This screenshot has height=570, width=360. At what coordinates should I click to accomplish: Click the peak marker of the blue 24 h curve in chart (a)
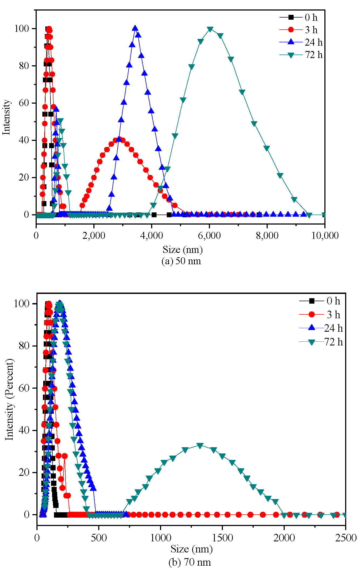135,28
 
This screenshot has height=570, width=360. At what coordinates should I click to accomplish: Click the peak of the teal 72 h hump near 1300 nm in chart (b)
200,446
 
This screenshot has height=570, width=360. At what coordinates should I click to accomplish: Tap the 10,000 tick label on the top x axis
325,236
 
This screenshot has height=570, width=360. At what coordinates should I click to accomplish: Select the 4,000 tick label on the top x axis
152,236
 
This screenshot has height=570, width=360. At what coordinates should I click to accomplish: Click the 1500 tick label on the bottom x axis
222,538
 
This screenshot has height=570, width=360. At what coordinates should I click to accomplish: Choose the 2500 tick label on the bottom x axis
346,538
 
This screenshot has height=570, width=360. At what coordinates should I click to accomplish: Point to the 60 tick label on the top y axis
24,103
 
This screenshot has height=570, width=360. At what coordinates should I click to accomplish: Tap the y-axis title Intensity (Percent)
9,399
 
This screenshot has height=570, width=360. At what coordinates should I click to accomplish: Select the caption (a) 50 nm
181,261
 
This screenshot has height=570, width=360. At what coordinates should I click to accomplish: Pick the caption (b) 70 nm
189,562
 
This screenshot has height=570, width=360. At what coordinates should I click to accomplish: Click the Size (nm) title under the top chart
182,250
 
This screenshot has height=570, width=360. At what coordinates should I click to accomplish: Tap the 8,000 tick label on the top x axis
267,236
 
